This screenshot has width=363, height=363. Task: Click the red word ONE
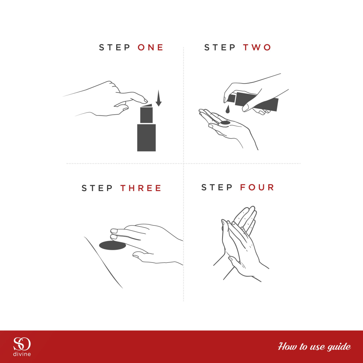point(151,48)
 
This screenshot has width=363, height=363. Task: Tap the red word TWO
point(257,48)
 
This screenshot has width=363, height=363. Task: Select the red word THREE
point(140,188)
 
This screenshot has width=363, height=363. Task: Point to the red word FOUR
point(257,187)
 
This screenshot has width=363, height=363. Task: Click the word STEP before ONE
point(114,48)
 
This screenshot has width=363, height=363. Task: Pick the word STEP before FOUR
point(217,187)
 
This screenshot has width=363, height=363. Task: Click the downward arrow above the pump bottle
point(158,98)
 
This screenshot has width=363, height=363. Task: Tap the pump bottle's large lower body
point(146,138)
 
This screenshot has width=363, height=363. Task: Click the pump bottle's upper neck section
point(146,115)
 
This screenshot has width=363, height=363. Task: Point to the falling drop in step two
point(228,109)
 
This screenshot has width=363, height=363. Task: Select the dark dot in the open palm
point(225,123)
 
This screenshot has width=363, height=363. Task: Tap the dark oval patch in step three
point(113,245)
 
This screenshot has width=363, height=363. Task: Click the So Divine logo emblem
point(22,344)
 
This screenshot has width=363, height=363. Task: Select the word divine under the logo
point(22,354)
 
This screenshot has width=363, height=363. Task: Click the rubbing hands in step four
point(241,243)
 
